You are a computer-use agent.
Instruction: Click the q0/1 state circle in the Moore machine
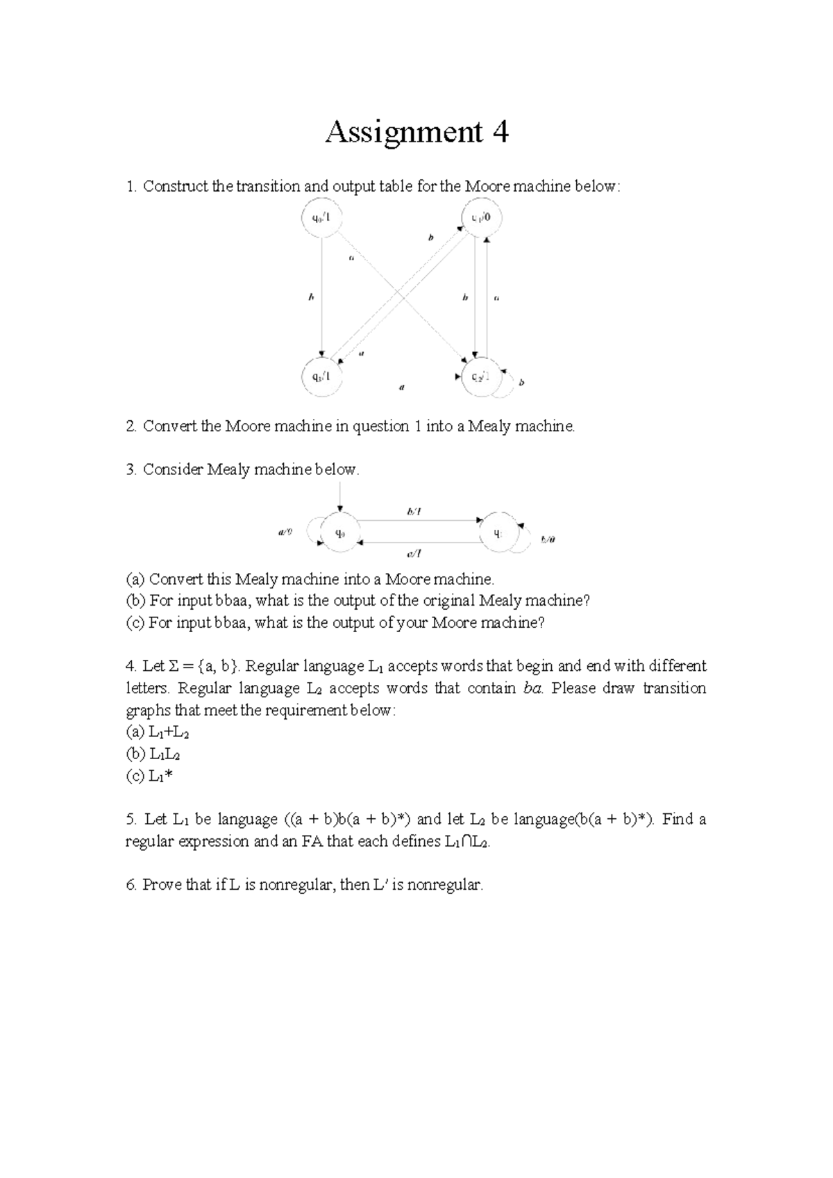click(x=321, y=218)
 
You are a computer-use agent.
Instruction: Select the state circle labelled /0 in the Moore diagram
click(x=481, y=217)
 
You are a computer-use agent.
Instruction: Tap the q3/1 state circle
click(x=321, y=377)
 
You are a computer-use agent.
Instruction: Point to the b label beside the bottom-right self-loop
click(x=523, y=382)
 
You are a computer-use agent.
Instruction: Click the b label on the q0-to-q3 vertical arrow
click(x=311, y=297)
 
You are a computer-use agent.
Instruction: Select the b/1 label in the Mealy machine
click(x=414, y=512)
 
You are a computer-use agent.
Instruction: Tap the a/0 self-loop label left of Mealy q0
click(x=285, y=533)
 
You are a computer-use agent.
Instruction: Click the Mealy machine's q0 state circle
click(x=339, y=533)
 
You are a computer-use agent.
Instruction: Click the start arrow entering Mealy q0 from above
click(x=339, y=499)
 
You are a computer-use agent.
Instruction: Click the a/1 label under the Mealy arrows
click(x=414, y=554)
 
